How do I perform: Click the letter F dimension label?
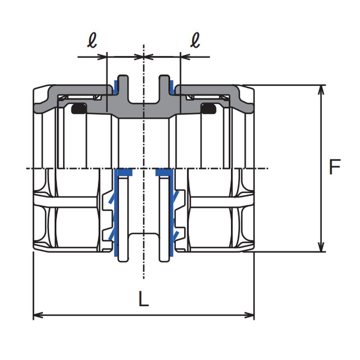(x=334, y=166)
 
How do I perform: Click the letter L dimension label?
(x=144, y=299)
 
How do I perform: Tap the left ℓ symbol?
(x=92, y=40)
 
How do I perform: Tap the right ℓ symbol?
(x=195, y=40)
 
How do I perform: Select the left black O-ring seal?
(x=79, y=108)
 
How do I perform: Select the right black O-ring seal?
(x=208, y=108)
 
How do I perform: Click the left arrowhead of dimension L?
(x=38, y=315)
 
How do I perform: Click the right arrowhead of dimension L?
(x=249, y=315)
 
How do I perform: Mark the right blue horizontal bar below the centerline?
(x=164, y=172)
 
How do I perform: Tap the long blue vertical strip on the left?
(x=116, y=212)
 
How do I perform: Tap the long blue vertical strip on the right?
(x=172, y=212)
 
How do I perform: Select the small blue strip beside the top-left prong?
(x=116, y=87)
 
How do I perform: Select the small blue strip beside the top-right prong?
(x=172, y=87)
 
